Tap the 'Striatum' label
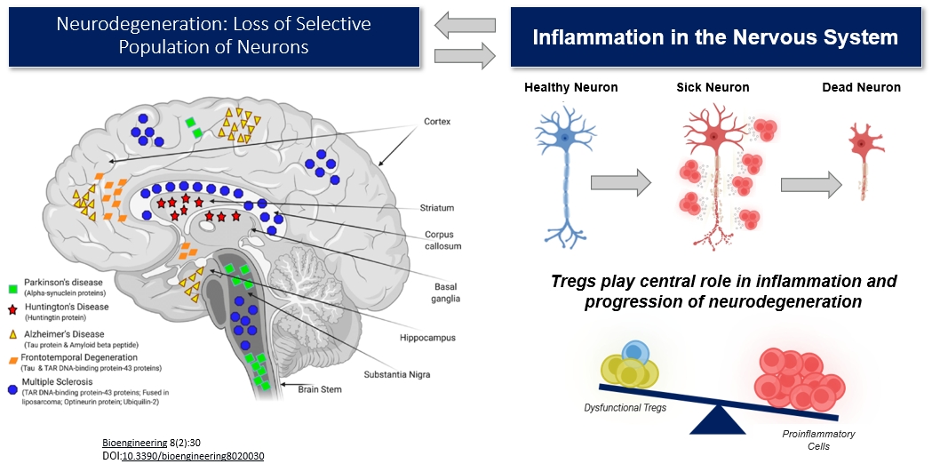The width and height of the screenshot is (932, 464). (x=437, y=208)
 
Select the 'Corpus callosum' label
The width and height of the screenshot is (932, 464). (x=438, y=240)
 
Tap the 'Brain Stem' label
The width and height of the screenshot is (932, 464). (x=320, y=388)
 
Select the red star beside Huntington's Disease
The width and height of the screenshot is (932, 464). (x=12, y=308)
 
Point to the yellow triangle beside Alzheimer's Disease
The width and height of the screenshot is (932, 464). (x=12, y=333)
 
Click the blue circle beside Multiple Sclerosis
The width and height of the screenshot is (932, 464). (x=12, y=388)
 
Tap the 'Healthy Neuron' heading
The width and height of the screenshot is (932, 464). (x=570, y=87)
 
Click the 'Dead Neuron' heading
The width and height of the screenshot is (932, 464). (x=860, y=87)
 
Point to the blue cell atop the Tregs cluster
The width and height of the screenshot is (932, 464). (x=633, y=352)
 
